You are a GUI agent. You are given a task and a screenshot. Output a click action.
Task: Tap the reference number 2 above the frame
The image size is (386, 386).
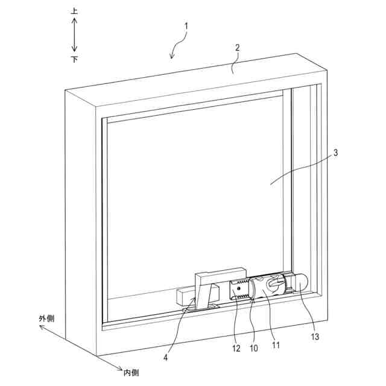coord(238,47)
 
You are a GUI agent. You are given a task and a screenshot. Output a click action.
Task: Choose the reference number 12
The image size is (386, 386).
coord(235,349)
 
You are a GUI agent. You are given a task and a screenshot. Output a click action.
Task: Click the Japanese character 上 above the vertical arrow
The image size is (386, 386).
coord(74,11)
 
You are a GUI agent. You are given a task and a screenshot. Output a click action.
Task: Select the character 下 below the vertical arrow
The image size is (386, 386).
coord(74,59)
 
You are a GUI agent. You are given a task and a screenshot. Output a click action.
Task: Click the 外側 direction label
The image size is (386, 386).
coord(47,318)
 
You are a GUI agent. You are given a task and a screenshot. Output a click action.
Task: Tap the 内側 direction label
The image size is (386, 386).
coord(131,372)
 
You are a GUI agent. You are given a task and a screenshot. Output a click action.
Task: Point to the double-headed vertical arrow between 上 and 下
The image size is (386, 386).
coord(74,35)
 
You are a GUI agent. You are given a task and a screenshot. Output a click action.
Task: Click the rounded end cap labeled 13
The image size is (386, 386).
coord(300,282)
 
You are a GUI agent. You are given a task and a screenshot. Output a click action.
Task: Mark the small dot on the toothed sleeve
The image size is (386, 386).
coord(239,289)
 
